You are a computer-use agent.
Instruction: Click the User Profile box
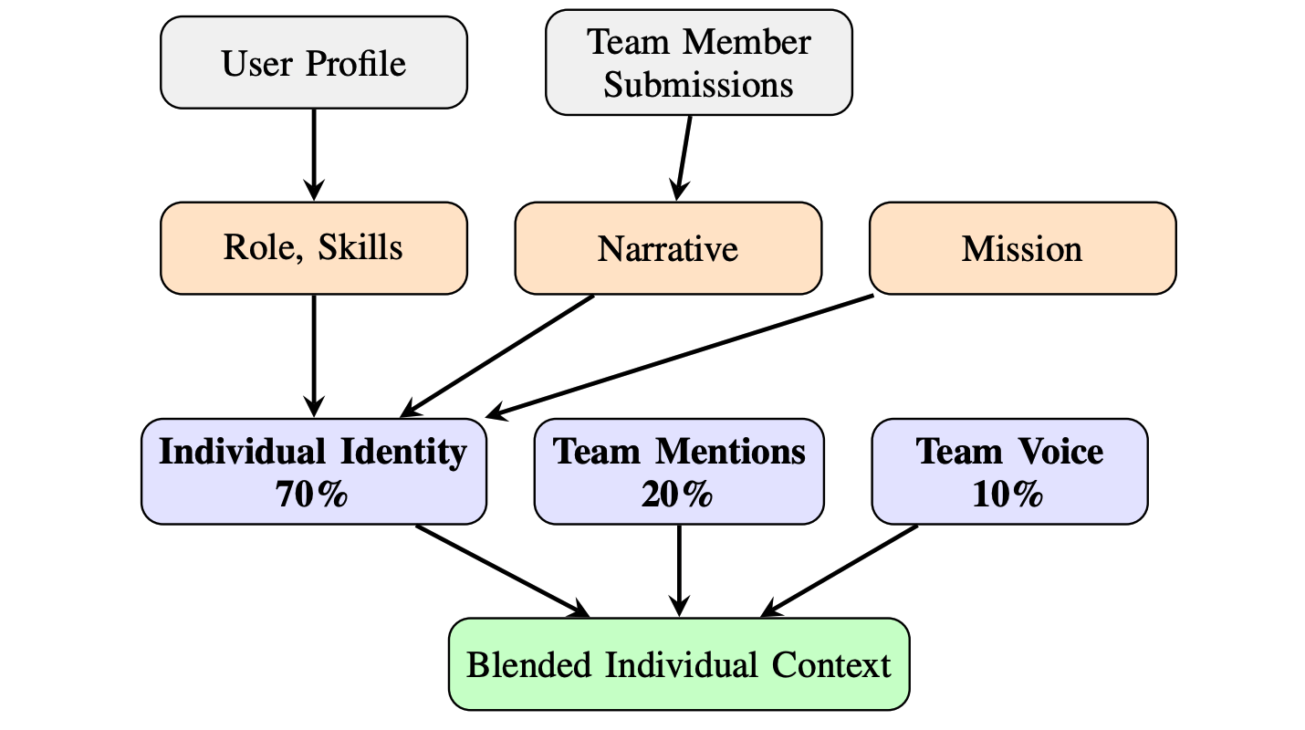click(x=313, y=64)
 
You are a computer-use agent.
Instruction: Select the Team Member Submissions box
click(x=698, y=64)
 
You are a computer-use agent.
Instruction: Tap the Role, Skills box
click(x=313, y=248)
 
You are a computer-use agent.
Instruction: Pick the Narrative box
click(x=668, y=248)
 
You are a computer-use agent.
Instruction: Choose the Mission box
click(x=1022, y=248)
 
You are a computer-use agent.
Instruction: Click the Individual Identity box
click(x=313, y=472)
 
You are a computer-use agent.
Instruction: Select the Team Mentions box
click(x=679, y=472)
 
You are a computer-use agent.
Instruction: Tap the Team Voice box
click(x=1009, y=472)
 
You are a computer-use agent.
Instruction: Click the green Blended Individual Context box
click(x=679, y=664)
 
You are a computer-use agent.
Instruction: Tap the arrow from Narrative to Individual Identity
click(x=497, y=355)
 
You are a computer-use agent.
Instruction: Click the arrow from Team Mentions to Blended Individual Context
click(x=679, y=569)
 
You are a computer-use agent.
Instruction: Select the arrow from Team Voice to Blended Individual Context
click(x=840, y=570)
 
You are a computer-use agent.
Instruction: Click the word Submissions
click(x=698, y=85)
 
